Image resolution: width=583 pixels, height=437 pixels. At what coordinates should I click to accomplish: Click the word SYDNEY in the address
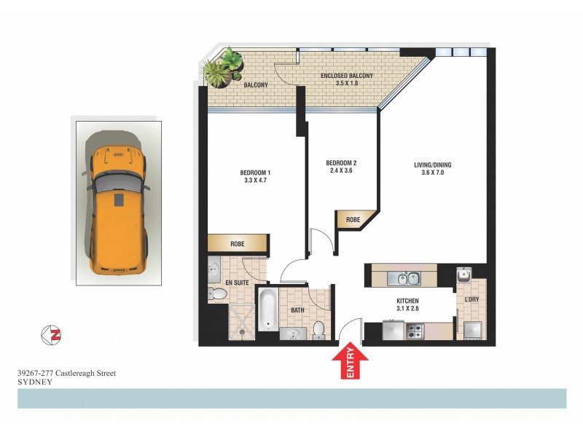(34, 382)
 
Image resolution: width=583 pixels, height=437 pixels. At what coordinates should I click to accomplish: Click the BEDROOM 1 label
(256, 173)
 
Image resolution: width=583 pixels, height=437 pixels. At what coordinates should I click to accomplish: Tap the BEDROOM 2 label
(340, 162)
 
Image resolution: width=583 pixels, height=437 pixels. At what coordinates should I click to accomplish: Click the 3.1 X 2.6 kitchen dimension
(407, 308)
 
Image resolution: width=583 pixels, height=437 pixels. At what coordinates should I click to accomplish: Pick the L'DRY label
(472, 299)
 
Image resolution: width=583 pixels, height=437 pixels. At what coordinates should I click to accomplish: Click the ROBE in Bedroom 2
(353, 218)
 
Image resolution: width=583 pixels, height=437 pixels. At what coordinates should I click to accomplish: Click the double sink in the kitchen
(404, 277)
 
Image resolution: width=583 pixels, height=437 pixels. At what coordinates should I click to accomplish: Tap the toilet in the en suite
(216, 294)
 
